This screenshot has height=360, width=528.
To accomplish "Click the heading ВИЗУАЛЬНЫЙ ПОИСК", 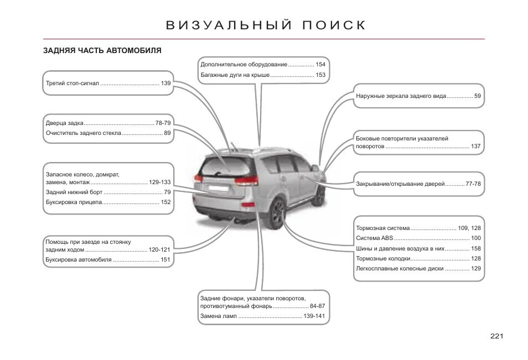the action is (x=266, y=25).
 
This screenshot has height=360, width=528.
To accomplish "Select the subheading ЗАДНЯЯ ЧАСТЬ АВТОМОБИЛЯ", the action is (x=102, y=50).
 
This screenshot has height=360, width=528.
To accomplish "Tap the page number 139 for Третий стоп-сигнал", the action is (x=165, y=83).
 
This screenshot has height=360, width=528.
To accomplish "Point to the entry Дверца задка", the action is (x=64, y=123).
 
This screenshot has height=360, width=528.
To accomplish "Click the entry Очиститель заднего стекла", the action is (x=83, y=133).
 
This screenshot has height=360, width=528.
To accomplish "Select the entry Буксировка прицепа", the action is (x=73, y=202).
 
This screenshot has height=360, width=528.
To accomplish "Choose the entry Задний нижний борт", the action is (x=74, y=192).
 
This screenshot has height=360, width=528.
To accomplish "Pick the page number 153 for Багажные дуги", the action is (x=320, y=75).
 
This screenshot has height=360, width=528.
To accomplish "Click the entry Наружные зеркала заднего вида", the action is (x=401, y=96).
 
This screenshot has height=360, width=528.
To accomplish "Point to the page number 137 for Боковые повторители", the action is (x=475, y=147).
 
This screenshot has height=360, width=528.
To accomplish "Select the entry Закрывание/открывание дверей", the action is (x=400, y=184).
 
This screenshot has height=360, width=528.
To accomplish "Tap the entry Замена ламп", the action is (x=218, y=316).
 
